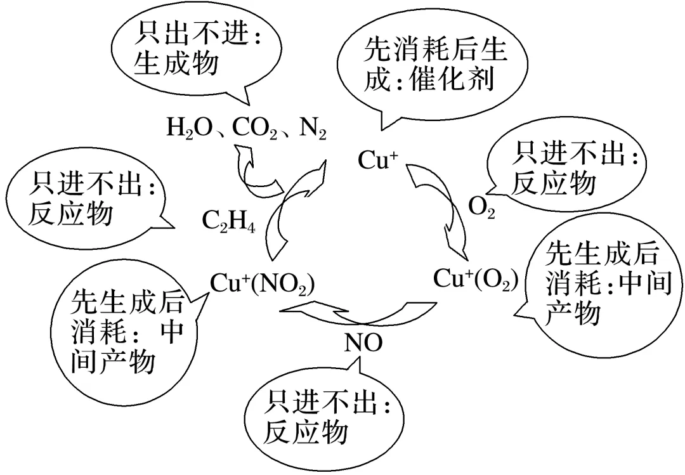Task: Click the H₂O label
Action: point(185,129)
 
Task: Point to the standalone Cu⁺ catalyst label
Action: point(377,159)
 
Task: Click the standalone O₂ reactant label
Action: point(481,207)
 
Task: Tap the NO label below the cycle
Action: point(363,343)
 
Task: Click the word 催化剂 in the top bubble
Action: point(452,81)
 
